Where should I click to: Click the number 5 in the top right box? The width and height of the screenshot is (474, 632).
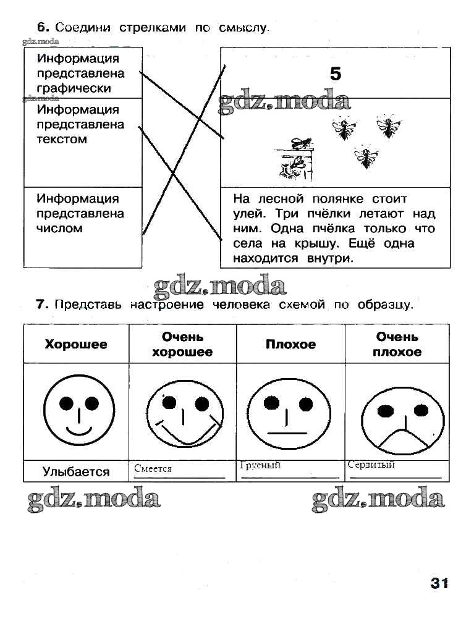point(335,74)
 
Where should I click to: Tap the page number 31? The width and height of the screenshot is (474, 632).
point(439,583)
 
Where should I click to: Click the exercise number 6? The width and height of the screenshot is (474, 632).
point(42,27)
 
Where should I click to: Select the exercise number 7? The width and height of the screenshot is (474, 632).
point(42,304)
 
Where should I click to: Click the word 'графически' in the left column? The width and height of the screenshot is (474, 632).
point(74,88)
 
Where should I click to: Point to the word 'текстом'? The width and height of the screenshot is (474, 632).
point(62,139)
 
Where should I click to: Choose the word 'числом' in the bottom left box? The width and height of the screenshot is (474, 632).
point(59,229)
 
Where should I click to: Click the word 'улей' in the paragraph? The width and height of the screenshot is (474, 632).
point(247,214)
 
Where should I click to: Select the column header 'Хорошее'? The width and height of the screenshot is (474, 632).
point(75,344)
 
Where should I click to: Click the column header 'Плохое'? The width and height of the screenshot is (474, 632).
point(290,344)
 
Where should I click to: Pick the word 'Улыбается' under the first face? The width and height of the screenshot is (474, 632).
point(76,472)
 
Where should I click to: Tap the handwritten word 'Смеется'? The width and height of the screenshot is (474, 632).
point(153,469)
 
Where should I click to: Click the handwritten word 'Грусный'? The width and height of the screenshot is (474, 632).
point(260,465)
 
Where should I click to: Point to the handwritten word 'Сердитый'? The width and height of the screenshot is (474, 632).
point(371,465)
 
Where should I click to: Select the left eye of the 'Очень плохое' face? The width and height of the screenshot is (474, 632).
point(385,410)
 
